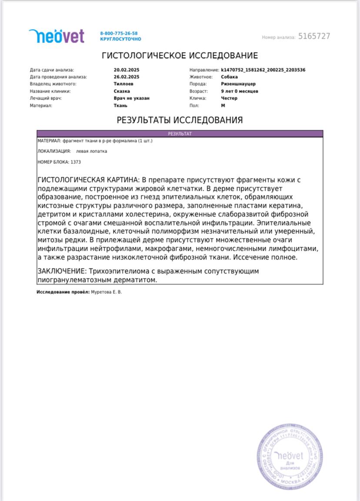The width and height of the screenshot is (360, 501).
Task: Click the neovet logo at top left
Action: coord(57,36)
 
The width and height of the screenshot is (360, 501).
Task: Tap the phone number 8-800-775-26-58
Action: coord(119,33)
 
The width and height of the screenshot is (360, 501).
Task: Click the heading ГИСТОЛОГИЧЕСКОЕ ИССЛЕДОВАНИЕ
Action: coord(180,56)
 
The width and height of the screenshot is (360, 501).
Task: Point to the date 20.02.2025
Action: coord(126,70)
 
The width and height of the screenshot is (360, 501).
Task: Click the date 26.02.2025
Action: coord(126,77)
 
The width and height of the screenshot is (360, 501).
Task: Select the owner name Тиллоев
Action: coord(123,84)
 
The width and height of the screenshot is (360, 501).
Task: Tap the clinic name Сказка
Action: coord(122,91)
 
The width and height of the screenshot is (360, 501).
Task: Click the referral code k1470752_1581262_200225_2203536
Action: coord(263,70)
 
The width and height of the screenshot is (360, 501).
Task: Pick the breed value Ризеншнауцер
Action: coord(238,84)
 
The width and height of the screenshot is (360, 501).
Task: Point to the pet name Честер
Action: coord(229,98)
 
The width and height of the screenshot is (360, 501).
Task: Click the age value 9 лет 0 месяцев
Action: coord(240,91)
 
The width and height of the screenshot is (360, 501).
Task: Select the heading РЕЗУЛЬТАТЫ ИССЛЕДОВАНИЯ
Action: coord(180,120)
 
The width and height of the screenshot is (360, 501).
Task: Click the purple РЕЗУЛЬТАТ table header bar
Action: coord(180,134)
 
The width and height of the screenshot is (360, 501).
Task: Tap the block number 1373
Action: coord(76,162)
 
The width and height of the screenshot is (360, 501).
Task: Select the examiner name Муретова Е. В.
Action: coord(106,292)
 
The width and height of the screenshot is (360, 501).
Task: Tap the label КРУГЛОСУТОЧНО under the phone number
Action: coord(120,39)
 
